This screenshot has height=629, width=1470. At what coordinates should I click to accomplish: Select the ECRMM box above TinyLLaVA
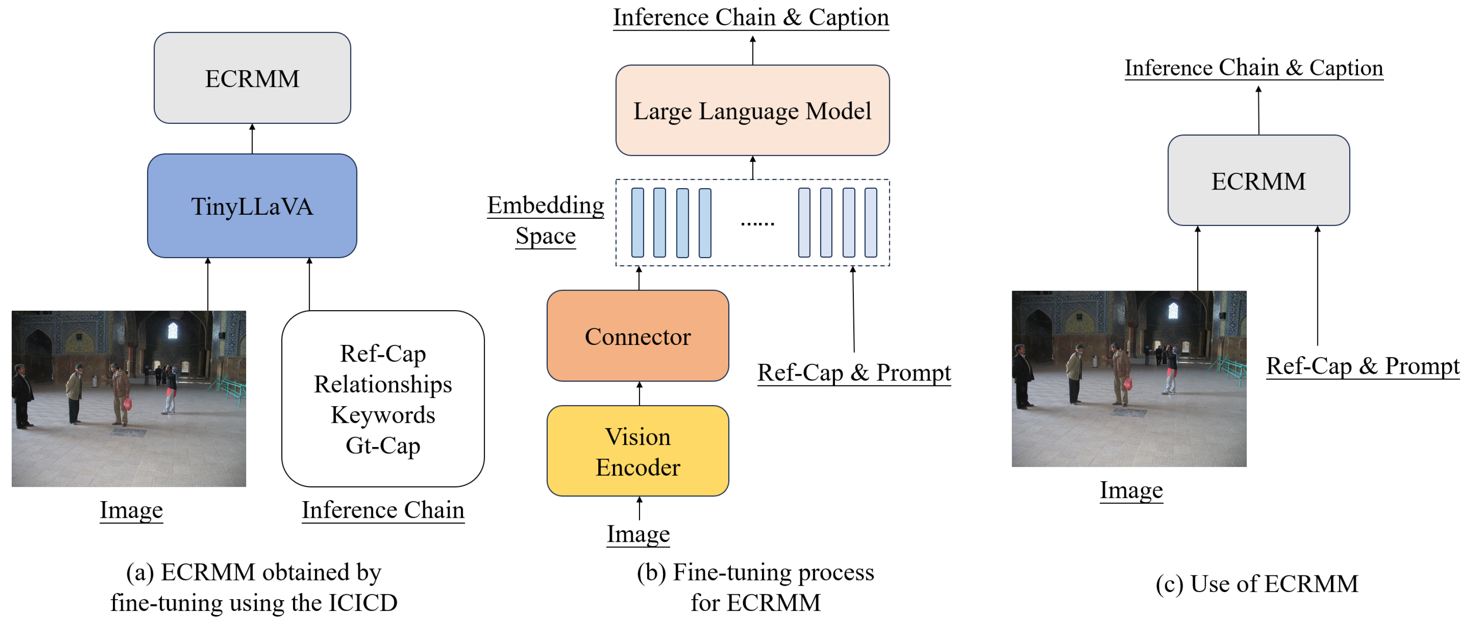pyautogui.click(x=252, y=78)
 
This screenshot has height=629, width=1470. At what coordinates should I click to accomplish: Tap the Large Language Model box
pyautogui.click(x=752, y=110)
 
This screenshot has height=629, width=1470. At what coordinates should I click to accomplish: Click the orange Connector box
pyautogui.click(x=637, y=336)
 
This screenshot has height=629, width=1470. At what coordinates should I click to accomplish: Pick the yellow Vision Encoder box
pyautogui.click(x=637, y=451)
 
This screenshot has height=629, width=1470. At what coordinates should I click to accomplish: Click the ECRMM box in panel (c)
pyautogui.click(x=1258, y=181)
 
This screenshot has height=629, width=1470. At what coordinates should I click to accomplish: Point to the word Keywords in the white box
pyautogui.click(x=383, y=415)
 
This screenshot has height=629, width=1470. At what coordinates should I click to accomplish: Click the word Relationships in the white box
pyautogui.click(x=383, y=384)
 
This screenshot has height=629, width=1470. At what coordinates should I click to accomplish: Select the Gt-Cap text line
pyautogui.click(x=383, y=445)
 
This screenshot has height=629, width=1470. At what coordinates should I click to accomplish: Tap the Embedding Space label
pyautogui.click(x=546, y=220)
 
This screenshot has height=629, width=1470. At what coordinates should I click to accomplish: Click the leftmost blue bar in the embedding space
pyautogui.click(x=637, y=222)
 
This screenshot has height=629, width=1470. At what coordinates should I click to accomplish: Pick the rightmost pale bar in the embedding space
pyautogui.click(x=870, y=222)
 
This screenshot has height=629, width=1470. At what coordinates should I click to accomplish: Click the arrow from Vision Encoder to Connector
pyautogui.click(x=639, y=394)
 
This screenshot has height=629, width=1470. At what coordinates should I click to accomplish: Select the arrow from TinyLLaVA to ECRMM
pyautogui.click(x=252, y=139)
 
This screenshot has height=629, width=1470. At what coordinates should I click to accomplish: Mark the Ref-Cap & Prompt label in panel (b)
pyautogui.click(x=854, y=373)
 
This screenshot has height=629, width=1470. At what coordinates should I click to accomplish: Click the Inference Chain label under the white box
pyautogui.click(x=383, y=510)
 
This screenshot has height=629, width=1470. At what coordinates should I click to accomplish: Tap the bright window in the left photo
pyautogui.click(x=172, y=330)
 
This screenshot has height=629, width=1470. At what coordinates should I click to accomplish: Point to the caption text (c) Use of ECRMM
pyautogui.click(x=1257, y=584)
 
